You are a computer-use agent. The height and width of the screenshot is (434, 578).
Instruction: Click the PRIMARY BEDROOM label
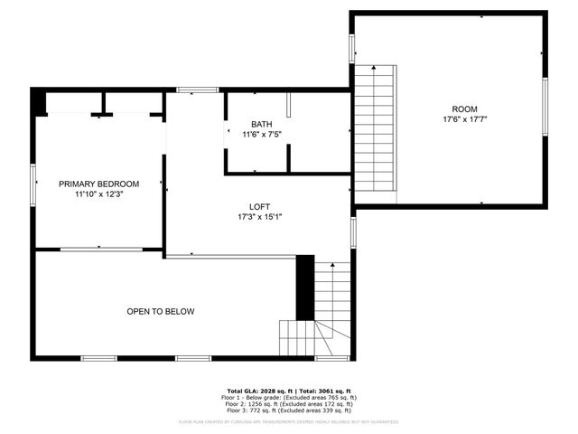99,184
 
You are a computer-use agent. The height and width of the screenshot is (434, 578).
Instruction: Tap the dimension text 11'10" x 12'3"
99,193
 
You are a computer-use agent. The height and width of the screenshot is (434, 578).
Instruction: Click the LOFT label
260,207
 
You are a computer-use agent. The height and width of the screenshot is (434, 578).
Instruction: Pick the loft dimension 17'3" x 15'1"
260,217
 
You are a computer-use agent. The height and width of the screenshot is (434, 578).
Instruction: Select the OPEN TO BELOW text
161,312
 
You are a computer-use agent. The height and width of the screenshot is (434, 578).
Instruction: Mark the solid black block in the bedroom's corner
38,102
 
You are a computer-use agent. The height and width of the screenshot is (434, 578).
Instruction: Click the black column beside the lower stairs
305,288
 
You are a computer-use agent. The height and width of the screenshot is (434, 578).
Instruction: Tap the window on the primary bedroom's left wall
33,184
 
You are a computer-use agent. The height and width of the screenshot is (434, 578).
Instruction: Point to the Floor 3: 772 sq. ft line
289,410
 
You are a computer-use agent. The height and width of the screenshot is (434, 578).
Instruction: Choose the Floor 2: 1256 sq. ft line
289,403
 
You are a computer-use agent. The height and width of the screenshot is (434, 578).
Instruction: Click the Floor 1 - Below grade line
289,397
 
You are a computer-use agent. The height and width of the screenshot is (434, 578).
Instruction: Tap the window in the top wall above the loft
197,90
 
